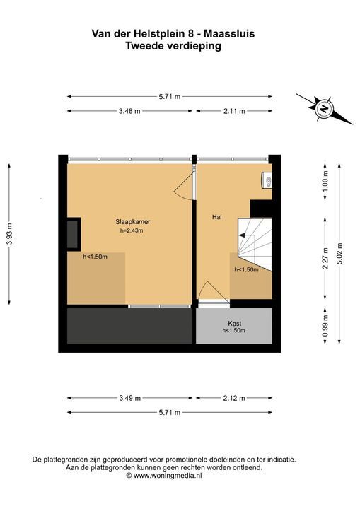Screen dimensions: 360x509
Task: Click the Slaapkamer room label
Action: pyautogui.click(x=132, y=222)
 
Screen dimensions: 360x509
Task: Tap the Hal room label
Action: pyautogui.click(x=216, y=217)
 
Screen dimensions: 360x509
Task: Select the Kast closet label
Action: pyautogui.click(x=234, y=323)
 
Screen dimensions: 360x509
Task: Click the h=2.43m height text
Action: pyautogui.click(x=132, y=230)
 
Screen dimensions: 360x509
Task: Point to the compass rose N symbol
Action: pyautogui.click(x=324, y=108)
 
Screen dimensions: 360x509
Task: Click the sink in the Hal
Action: pyautogui.click(x=267, y=180)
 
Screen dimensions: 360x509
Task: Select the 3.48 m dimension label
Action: pyautogui.click(x=129, y=111)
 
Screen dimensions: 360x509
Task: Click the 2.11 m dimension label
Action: pyautogui.click(x=234, y=111)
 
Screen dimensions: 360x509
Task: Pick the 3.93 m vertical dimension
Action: pyautogui.click(x=9, y=234)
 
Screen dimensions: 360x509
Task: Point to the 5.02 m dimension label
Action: pyautogui.click(x=339, y=254)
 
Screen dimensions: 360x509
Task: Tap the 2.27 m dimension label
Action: pyautogui.click(x=325, y=258)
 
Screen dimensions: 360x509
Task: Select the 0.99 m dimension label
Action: pyautogui.click(x=325, y=326)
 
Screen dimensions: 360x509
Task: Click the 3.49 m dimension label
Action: pyautogui.click(x=129, y=398)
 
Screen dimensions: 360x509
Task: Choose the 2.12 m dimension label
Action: pyautogui.click(x=234, y=398)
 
